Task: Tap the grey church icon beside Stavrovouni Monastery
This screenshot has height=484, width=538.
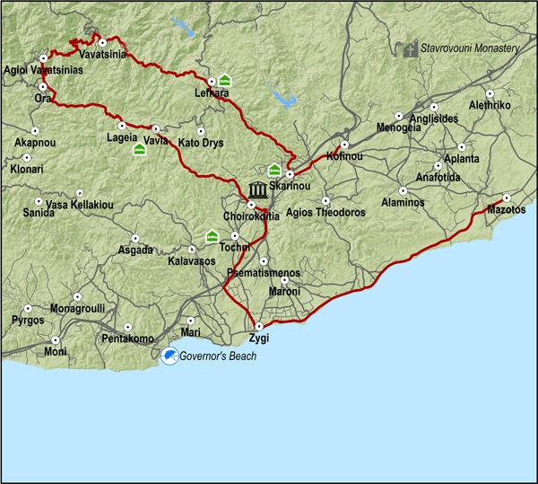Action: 411,48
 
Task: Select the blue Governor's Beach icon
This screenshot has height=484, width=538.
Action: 169,357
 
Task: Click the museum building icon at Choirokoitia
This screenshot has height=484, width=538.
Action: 258,190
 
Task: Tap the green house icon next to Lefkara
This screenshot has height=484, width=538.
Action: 224,81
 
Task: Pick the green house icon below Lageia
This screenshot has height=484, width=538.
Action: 140,149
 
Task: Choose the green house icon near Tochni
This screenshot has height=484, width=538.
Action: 213,236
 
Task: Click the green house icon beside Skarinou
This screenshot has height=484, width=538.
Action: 274,170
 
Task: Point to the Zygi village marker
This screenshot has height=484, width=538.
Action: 259,326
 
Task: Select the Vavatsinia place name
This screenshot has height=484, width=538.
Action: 101,55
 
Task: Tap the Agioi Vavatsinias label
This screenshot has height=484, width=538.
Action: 37,71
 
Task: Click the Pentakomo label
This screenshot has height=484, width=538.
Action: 128,339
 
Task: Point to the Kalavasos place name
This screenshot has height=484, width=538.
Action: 191,261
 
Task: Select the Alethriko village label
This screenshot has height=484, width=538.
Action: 490,105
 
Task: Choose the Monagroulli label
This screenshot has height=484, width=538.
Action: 77,308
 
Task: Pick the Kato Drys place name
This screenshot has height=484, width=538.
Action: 201,143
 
